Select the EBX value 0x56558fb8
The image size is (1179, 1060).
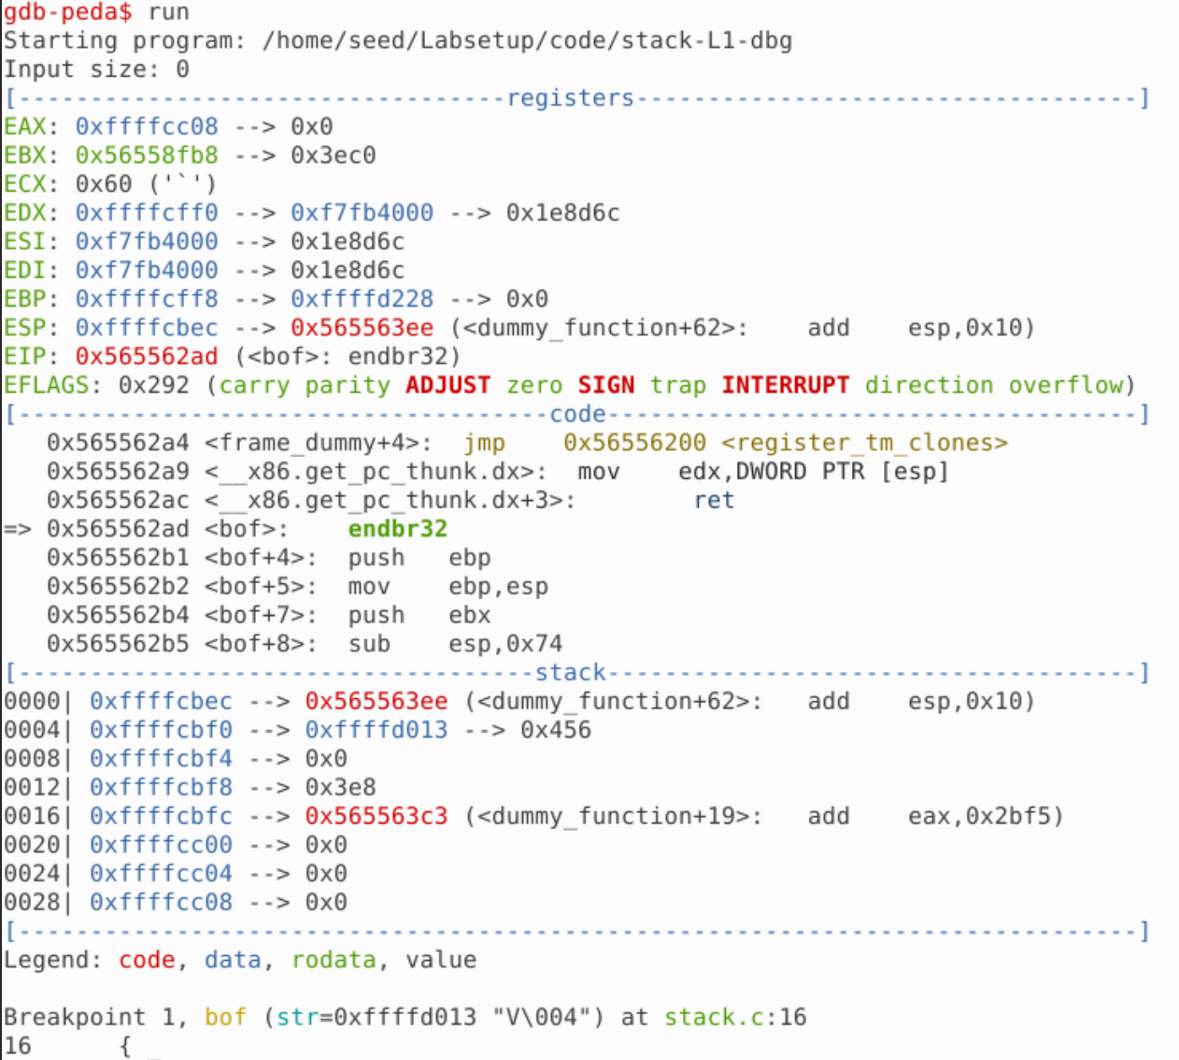pos(147,155)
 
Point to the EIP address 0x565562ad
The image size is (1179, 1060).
pos(147,356)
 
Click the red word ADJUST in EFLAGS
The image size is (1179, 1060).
pos(447,385)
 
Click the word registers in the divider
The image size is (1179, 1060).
pos(570,98)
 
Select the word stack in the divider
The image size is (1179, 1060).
pos(570,672)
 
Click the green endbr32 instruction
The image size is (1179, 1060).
pos(398,529)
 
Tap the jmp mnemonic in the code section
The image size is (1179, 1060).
pos(484,442)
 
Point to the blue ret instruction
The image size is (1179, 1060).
pos(714,500)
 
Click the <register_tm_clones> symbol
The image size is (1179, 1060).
pos(864,442)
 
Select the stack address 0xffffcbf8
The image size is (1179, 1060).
pos(161,787)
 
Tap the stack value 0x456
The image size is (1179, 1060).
pos(556,730)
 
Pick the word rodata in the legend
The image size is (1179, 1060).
pos(334,960)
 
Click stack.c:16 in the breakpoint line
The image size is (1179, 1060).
pos(734,1017)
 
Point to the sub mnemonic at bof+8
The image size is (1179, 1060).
pos(369,644)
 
